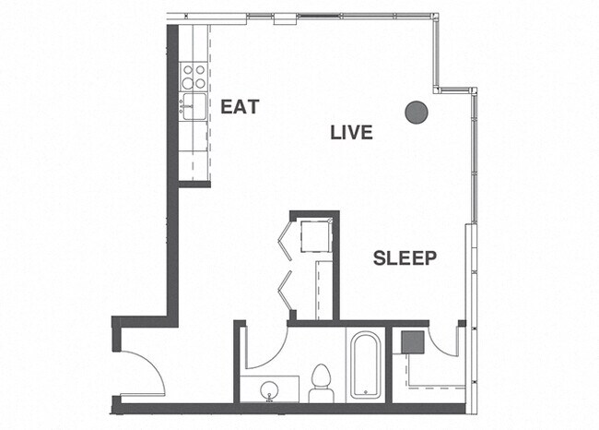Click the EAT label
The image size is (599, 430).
[239, 107]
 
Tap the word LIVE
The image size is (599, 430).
[351, 133]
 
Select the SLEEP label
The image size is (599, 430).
[405, 258]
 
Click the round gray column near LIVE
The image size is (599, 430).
[417, 113]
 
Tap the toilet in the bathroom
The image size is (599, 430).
[321, 380]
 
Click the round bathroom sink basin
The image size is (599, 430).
[270, 390]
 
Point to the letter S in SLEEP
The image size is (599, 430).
[379, 258]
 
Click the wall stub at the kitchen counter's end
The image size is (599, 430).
[194, 184]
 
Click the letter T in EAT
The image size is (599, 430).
[252, 107]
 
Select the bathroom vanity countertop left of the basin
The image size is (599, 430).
[252, 388]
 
